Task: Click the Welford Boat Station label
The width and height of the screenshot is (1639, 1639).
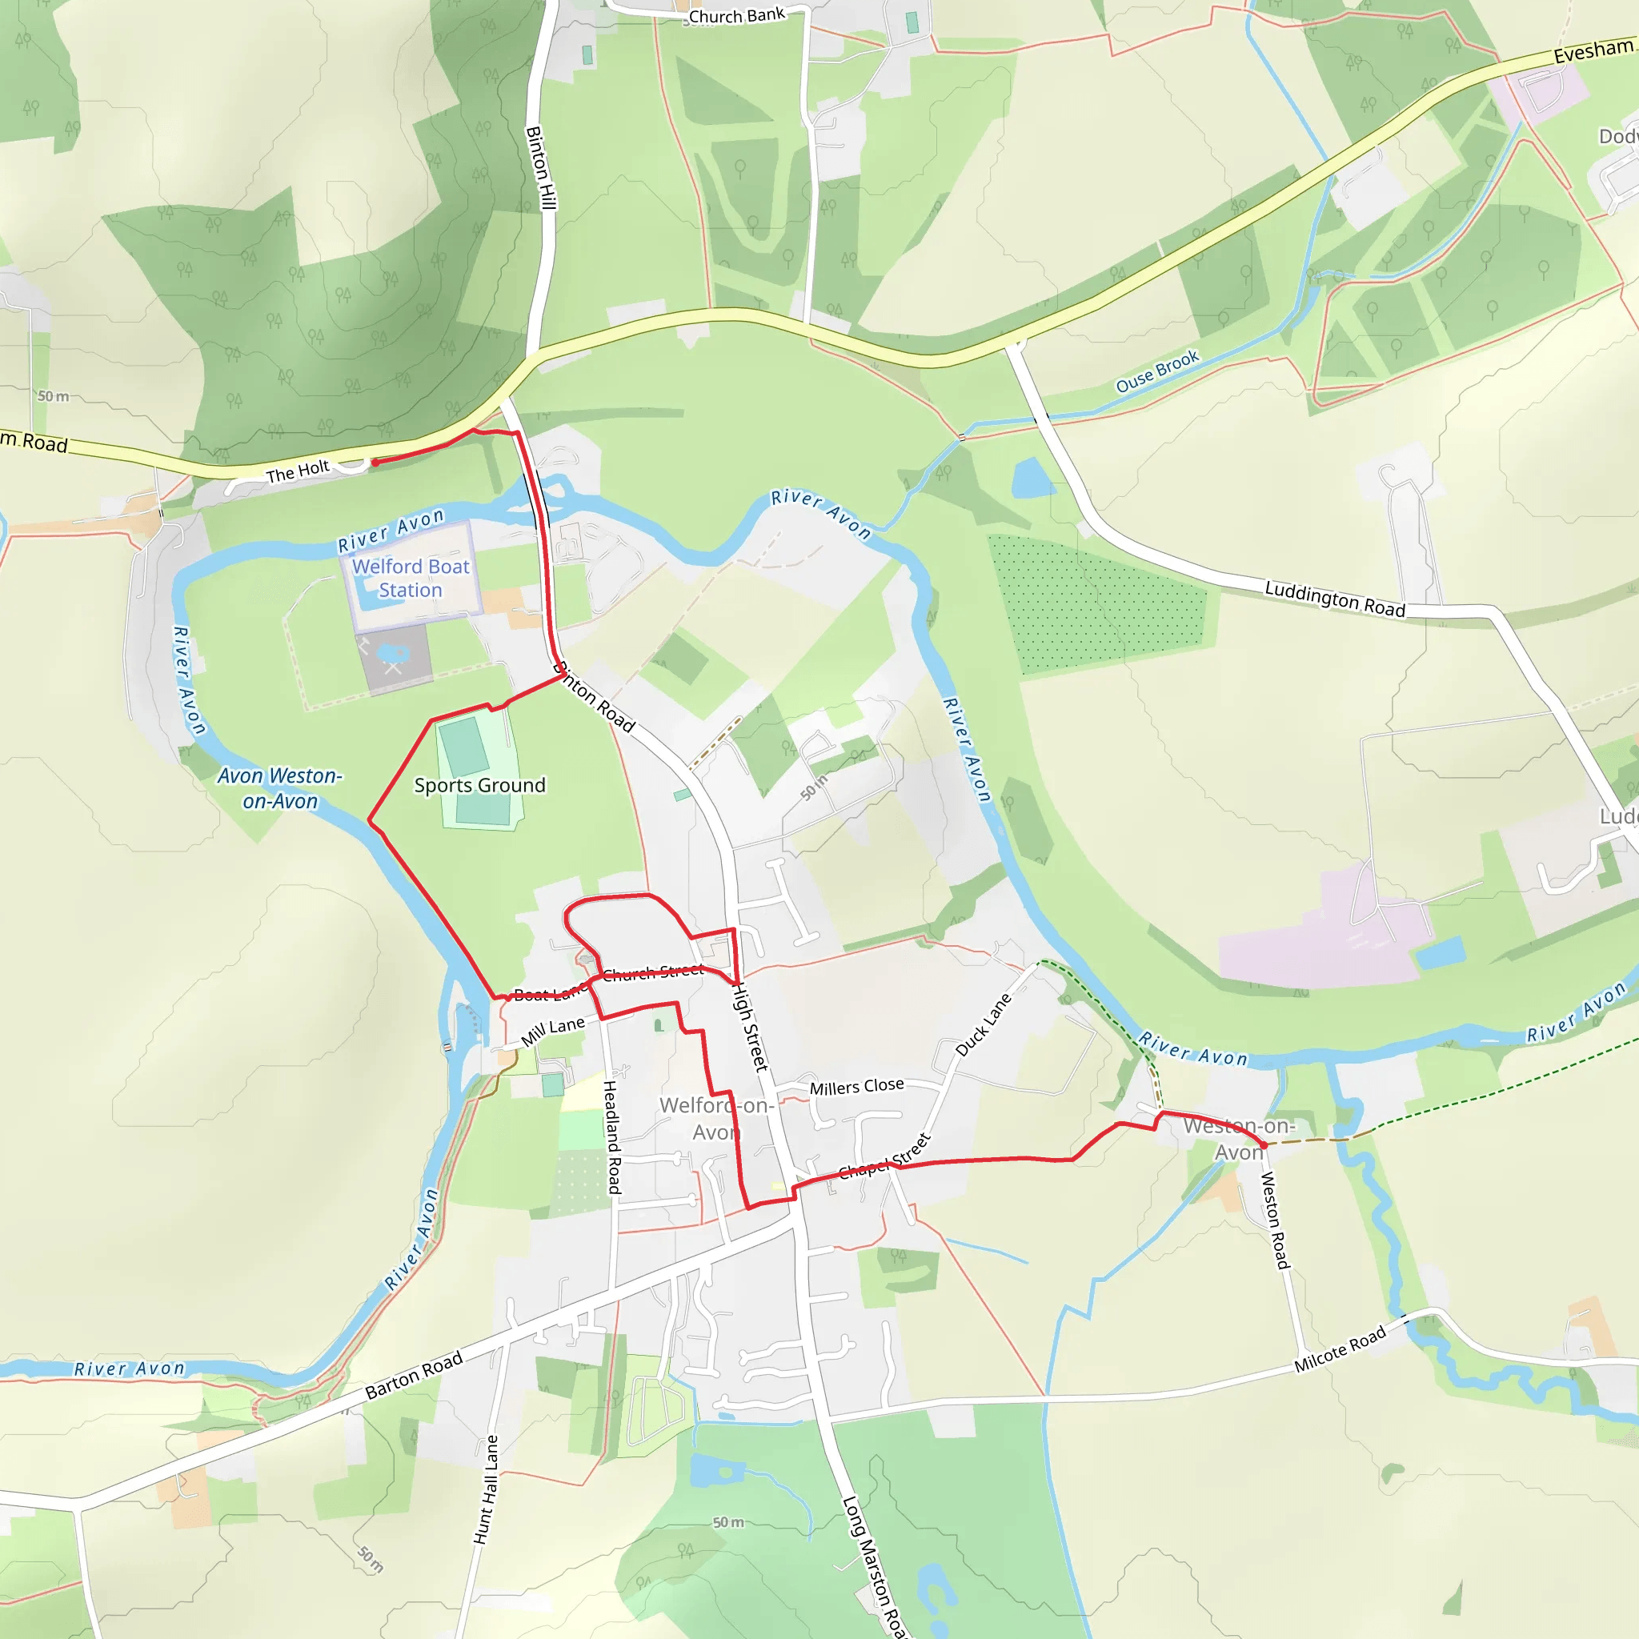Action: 411,578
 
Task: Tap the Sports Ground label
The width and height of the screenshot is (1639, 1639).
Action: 479,785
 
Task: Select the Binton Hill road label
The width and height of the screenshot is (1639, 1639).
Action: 540,167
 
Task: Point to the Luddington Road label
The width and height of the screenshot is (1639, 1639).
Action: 1334,598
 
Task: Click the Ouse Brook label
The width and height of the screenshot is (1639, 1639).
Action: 1157,371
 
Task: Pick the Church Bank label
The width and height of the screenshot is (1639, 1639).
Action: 736,15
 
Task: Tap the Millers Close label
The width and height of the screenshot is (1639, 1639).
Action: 856,1087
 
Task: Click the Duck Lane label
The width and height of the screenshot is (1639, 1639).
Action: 984,1025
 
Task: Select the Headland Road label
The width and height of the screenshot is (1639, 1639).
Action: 612,1136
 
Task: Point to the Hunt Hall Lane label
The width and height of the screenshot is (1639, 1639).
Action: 486,1489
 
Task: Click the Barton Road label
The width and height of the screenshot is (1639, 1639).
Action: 413,1375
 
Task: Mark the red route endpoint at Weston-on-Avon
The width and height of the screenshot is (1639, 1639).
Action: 1263,1145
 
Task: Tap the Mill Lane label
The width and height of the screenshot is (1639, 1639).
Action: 552,1031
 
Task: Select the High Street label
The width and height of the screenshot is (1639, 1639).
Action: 750,1027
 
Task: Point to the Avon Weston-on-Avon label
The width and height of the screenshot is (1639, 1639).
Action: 280,788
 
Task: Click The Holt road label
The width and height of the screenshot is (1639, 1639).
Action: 297,471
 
